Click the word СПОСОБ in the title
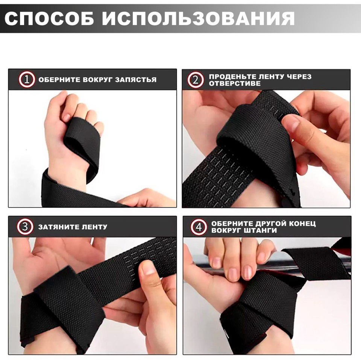49,18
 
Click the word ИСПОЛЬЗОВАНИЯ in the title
199,18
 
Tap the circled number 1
27,80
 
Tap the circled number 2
196,80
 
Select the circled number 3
25,227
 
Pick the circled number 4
199,227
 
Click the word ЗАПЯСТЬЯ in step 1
136,80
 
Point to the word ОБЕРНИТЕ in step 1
59,80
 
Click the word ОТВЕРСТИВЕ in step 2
235,83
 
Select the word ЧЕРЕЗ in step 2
299,77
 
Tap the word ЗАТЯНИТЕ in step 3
59,227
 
